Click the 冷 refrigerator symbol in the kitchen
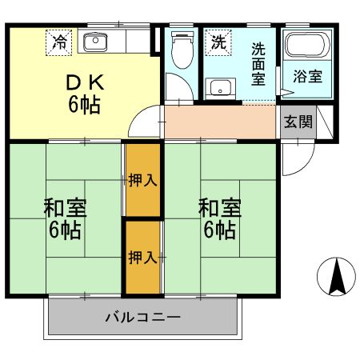pos(60,41)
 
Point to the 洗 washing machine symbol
pos(217,42)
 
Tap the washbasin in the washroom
pos(218,88)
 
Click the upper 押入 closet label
pos(142,180)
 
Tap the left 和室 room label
pos(66,208)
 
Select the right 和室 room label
pos(220,208)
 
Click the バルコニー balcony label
pos(143,318)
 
